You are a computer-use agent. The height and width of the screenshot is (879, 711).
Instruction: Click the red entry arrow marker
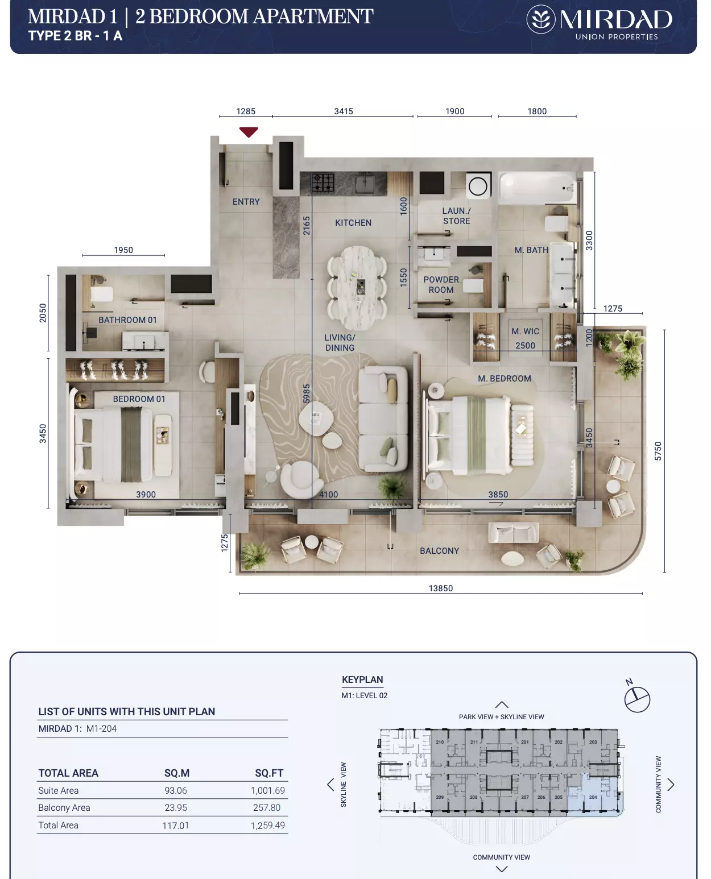249,132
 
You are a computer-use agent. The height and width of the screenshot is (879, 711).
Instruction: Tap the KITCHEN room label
353,223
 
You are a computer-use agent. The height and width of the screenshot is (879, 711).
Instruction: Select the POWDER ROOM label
441,285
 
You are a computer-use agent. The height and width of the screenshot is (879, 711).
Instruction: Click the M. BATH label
531,250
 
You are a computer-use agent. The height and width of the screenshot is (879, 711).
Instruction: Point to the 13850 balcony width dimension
441,588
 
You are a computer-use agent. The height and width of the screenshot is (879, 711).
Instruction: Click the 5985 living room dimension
307,393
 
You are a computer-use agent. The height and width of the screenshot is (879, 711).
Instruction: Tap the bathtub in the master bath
537,188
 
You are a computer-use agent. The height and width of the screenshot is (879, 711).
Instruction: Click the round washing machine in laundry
478,186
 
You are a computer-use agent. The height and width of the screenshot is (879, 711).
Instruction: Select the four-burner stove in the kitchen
323,183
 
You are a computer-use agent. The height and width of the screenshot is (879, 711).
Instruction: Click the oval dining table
358,288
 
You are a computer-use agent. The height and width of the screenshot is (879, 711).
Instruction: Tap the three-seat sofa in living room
383,418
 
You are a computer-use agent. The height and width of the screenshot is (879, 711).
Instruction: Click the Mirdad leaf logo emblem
540,19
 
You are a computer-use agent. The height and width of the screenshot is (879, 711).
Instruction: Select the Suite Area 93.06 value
176,790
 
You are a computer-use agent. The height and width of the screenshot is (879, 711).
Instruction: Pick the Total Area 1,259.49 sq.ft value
267,825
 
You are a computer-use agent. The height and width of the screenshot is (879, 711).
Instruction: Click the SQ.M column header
177,773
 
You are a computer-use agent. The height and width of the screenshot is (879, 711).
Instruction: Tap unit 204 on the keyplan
593,797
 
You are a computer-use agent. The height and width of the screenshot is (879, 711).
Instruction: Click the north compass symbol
636,698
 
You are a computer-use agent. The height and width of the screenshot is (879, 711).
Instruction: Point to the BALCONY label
439,551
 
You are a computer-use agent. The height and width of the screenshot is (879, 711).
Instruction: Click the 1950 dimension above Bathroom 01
123,250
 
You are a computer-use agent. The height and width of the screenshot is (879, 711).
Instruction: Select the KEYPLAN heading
362,679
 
